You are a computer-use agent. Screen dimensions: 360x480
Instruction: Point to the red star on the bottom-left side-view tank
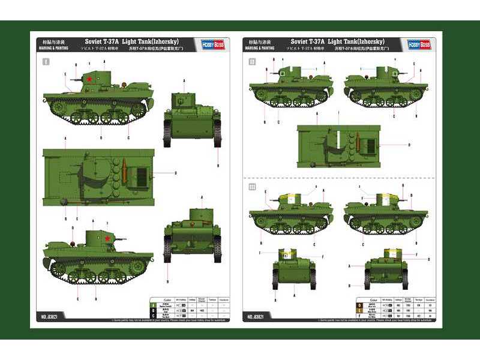pyautogui.click(x=107, y=238)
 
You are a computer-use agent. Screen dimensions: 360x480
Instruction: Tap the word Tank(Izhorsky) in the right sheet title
pyautogui.click(x=365, y=40)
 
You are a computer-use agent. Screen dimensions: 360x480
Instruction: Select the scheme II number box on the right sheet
pyautogui.click(x=252, y=61)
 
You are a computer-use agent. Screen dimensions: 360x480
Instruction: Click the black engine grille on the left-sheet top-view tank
pyautogui.click(x=140, y=175)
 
